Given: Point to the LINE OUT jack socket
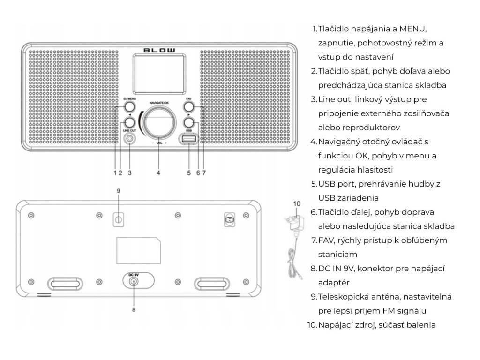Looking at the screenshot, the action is (129, 139).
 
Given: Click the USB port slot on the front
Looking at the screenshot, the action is (188, 140).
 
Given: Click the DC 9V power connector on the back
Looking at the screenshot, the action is (135, 281).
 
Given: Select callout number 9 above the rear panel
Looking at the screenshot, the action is (119, 191).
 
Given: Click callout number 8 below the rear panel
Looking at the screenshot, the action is (134, 309).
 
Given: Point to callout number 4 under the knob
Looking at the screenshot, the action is (159, 172).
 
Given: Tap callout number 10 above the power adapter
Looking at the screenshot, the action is (296, 203).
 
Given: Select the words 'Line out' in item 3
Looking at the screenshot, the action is (335, 99).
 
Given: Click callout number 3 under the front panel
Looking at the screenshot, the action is (129, 172).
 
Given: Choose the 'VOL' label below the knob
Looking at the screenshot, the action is (159, 142).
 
